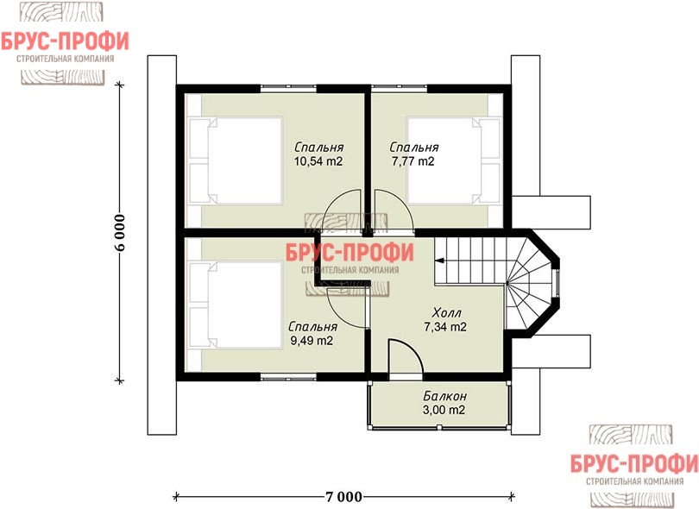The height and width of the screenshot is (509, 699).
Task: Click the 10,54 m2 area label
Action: tap(318, 161)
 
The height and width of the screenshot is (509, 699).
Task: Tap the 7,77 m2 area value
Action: tap(412, 161)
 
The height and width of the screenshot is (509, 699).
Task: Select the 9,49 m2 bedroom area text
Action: tap(312, 341)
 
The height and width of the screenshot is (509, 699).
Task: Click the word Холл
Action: tap(446, 312)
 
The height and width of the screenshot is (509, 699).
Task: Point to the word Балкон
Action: tap(444, 396)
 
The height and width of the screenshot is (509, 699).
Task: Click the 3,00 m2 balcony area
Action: tap(444, 410)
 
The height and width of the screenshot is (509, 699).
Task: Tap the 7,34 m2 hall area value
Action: tap(445, 327)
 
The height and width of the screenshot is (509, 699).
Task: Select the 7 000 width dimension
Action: tap(343, 497)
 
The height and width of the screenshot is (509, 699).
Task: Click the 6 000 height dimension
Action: tap(120, 233)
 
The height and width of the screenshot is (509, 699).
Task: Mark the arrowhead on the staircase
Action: tap(438, 261)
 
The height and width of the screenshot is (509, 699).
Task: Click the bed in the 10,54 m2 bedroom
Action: tap(236, 161)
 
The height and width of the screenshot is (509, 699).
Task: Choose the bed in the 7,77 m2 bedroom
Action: tap(453, 161)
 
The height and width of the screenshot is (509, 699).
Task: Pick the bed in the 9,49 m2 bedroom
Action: tap(236, 305)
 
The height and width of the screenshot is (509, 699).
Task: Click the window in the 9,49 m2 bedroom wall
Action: tap(288, 378)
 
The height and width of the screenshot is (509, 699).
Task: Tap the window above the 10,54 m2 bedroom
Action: tap(288, 88)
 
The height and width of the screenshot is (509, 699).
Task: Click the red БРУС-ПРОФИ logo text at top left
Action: tap(65, 41)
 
